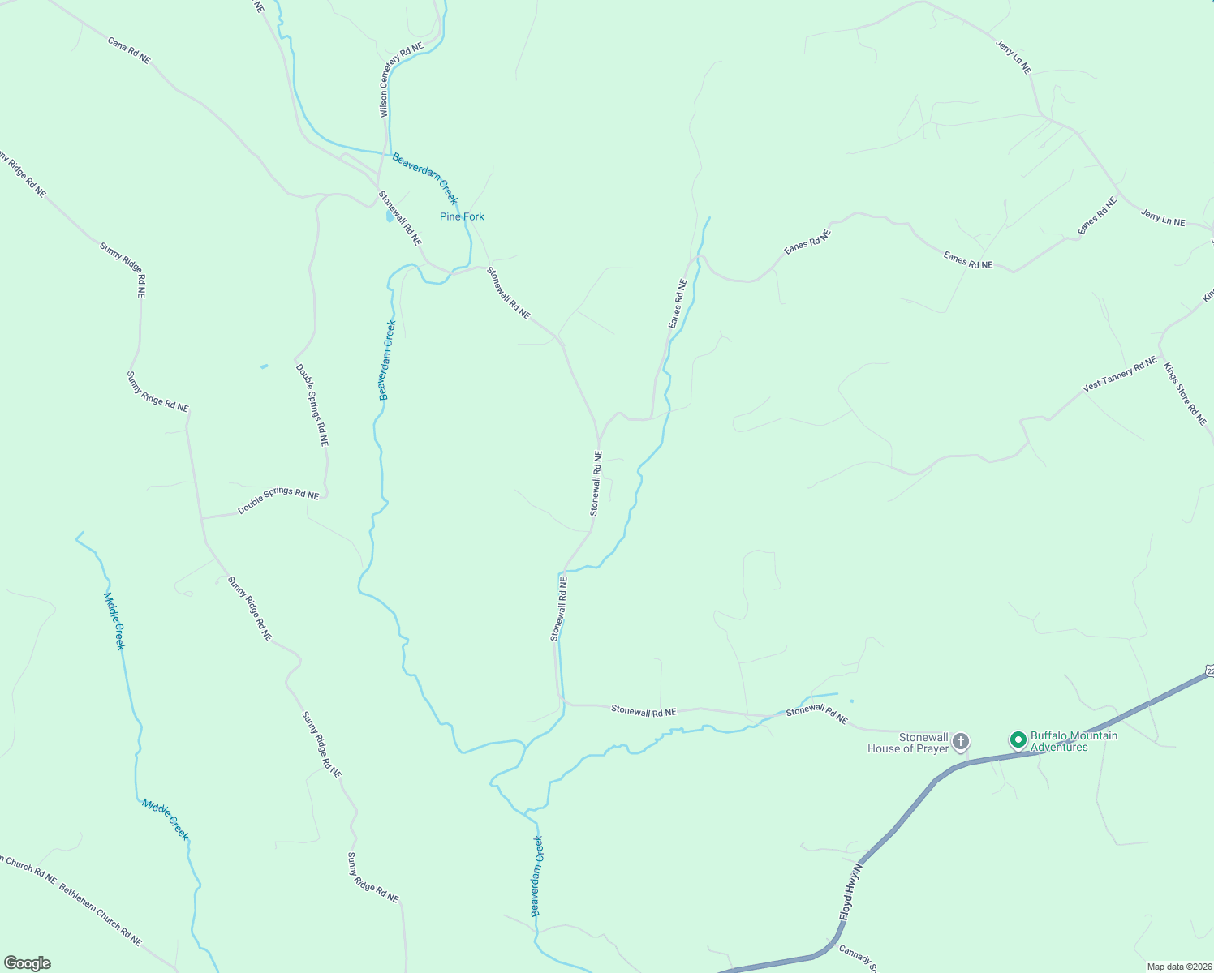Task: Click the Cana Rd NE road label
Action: coord(129,49)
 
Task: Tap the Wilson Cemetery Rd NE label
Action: coord(402,79)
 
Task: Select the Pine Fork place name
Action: coord(462,216)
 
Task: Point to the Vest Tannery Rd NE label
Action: coord(1119,375)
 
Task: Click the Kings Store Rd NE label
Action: coord(1185,393)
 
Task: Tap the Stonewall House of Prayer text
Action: coord(907,743)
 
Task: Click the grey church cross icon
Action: coord(961,741)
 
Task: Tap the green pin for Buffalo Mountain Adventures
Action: coord(1018,739)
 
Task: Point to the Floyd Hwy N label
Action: coord(850,889)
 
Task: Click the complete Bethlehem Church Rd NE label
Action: coord(100,915)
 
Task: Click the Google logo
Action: coord(27,963)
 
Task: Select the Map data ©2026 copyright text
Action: coord(1178,967)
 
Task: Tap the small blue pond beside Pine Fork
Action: coord(390,217)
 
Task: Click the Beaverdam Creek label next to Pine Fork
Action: coord(424,178)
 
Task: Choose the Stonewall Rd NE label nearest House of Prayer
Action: coord(816,714)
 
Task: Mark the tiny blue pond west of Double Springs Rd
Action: coord(264,366)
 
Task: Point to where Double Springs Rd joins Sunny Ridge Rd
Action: coord(202,517)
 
